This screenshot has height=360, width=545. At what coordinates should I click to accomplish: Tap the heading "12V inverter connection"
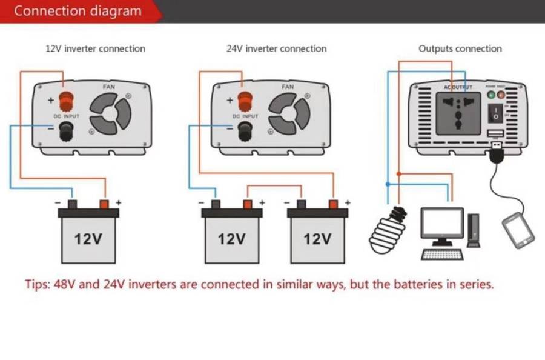coord(96,48)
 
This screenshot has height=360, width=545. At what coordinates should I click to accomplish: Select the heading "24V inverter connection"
coord(276,48)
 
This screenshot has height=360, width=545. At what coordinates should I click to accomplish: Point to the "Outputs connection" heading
coord(460,48)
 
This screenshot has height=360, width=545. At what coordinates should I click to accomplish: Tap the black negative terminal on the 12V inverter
coord(65,129)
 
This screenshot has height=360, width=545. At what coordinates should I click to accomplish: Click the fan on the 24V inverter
coord(289,115)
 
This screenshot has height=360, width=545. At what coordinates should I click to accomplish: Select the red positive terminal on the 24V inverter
coord(245,98)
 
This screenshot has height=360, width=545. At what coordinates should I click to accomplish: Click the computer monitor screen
coord(442,223)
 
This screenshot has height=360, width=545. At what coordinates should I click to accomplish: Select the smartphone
coord(518,230)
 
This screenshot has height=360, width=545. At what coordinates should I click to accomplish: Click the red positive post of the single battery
coord(104,204)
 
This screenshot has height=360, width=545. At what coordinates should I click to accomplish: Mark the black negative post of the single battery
coord(71,204)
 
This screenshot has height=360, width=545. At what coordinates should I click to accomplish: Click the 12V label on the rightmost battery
coord(317,239)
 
